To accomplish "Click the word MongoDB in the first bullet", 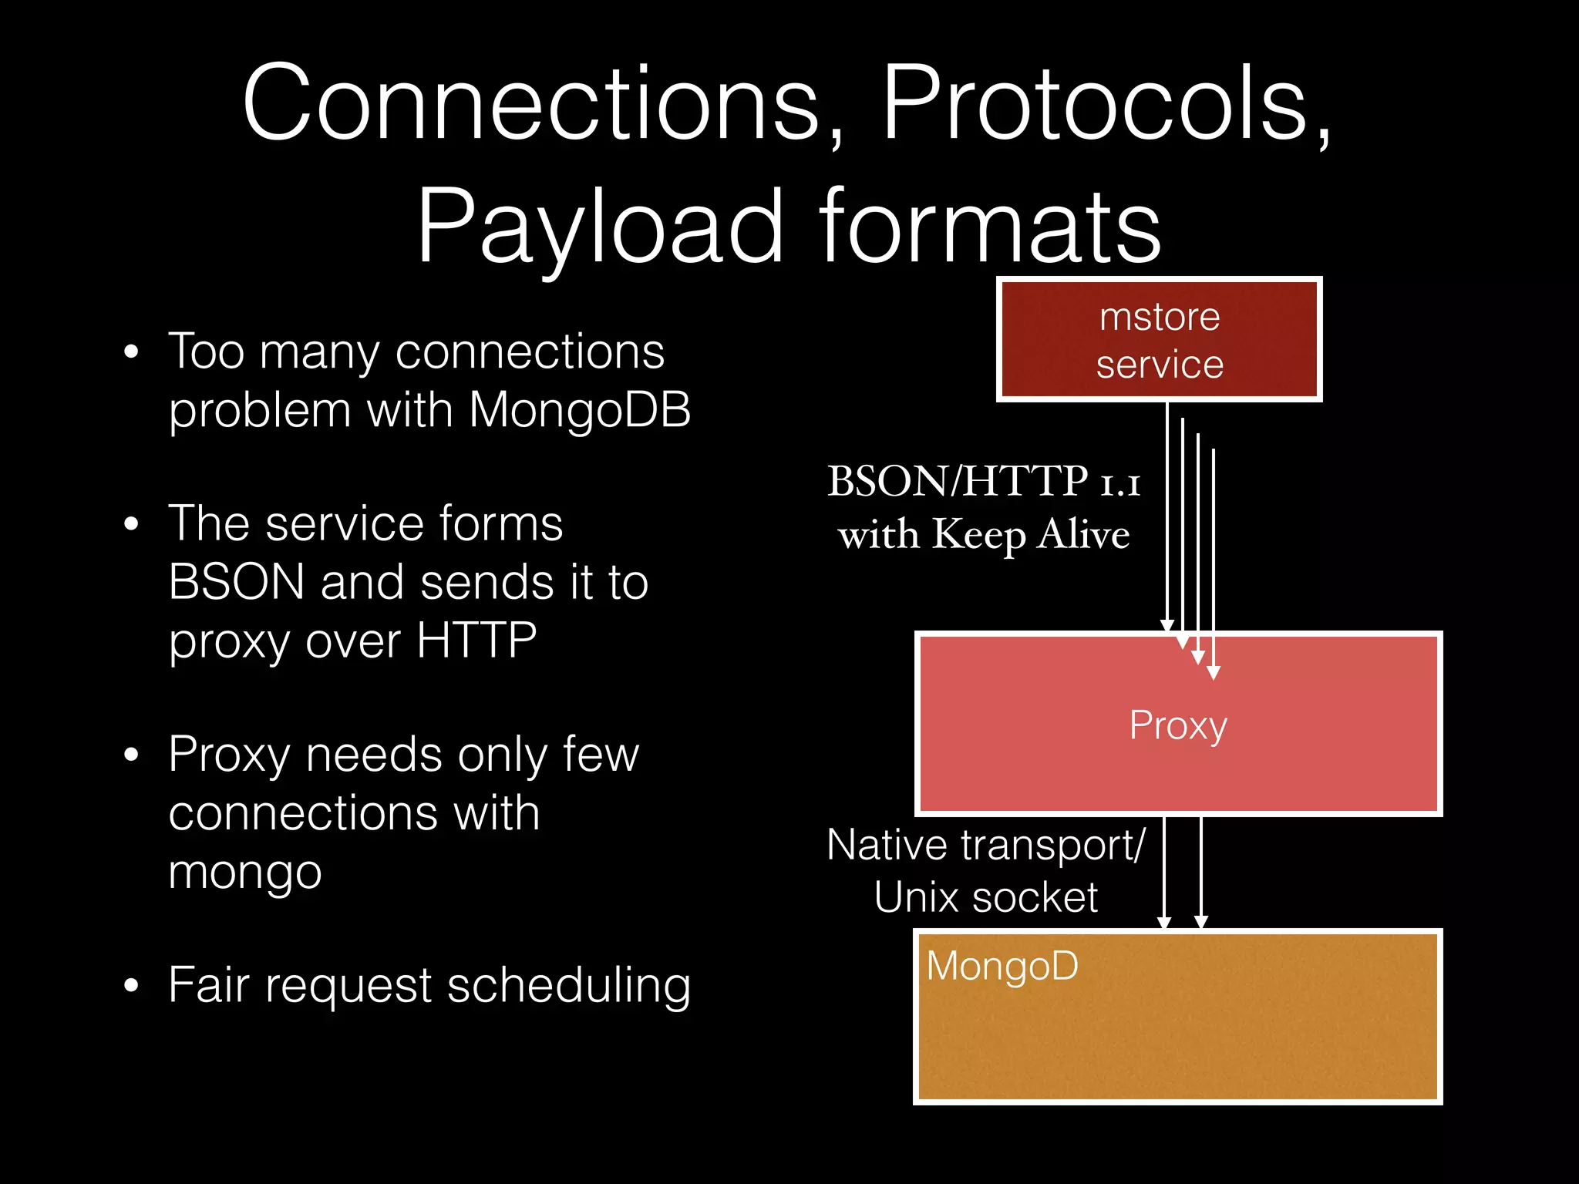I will (x=580, y=409).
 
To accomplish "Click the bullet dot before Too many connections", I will (x=131, y=352).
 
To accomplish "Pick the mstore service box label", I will (x=1160, y=340).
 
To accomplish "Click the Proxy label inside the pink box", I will (x=1178, y=725).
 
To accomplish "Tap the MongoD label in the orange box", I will (x=1002, y=966).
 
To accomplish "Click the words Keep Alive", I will (x=1031, y=534).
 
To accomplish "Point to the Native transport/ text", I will (x=985, y=845).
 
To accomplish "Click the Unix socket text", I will (x=985, y=897).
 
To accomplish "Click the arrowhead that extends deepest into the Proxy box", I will (x=1214, y=673).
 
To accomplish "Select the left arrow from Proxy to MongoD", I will (x=1164, y=871).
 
